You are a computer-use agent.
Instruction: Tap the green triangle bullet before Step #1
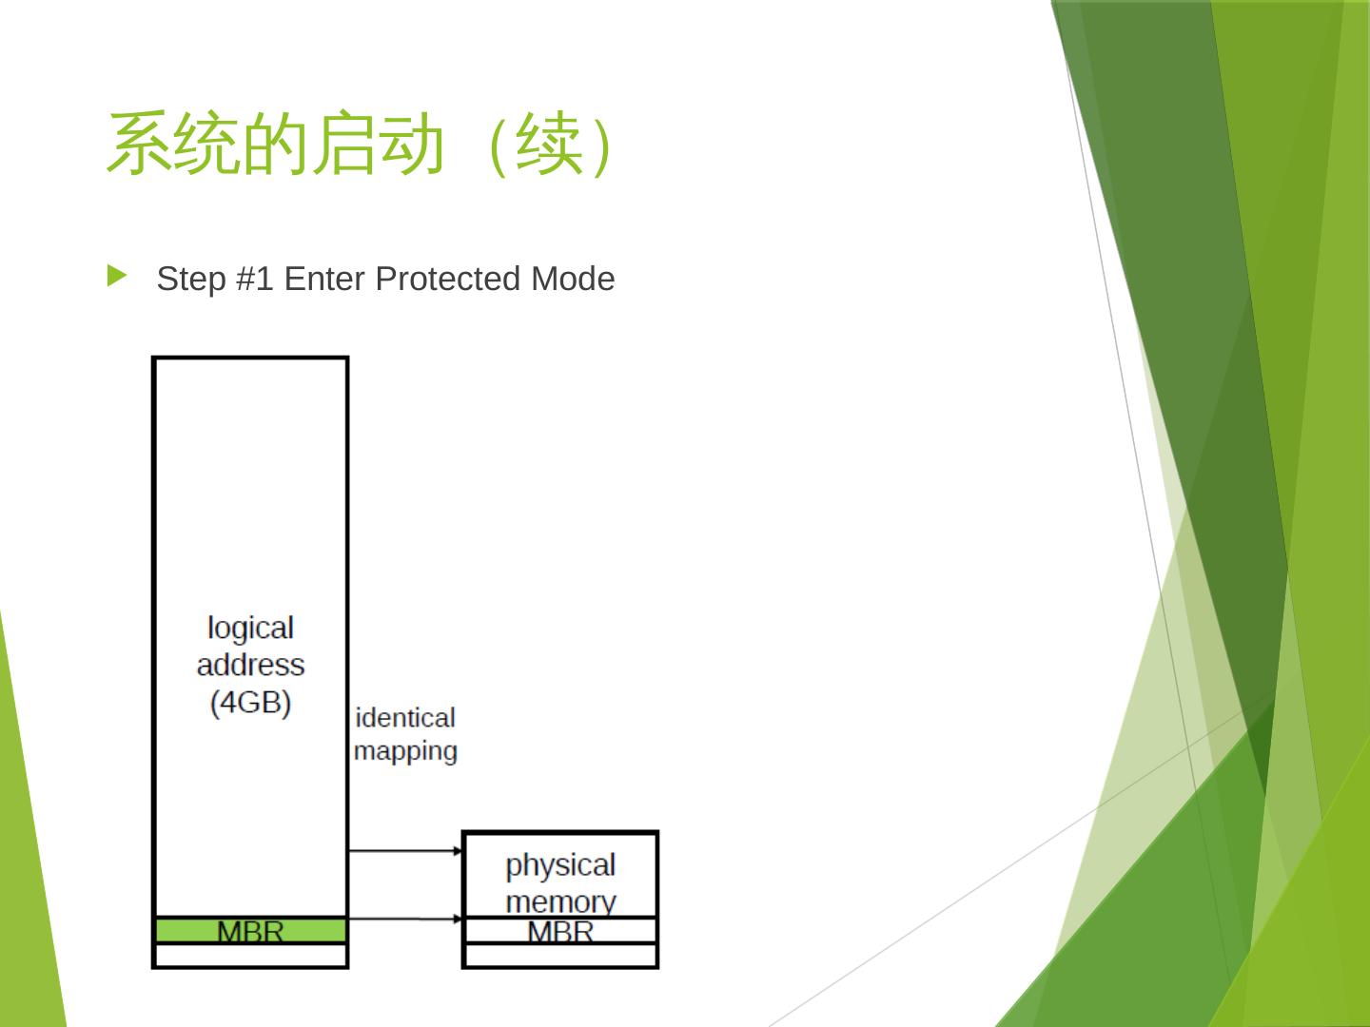117,277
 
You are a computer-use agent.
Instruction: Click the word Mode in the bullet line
573,279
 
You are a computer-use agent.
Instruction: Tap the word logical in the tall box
250,628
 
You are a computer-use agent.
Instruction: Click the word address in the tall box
250,664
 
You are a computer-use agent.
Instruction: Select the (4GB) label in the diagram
250,702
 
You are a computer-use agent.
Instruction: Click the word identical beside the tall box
404,717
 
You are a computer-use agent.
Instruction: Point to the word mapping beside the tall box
405,750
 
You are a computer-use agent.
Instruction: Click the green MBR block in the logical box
250,930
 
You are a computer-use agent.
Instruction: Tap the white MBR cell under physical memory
560,930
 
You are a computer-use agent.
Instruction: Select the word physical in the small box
560,864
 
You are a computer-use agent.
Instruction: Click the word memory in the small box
560,900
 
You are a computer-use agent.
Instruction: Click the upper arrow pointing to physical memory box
405,850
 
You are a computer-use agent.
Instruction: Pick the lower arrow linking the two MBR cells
405,919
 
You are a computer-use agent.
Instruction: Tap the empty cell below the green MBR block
250,955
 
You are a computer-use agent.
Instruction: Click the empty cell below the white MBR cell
560,955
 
